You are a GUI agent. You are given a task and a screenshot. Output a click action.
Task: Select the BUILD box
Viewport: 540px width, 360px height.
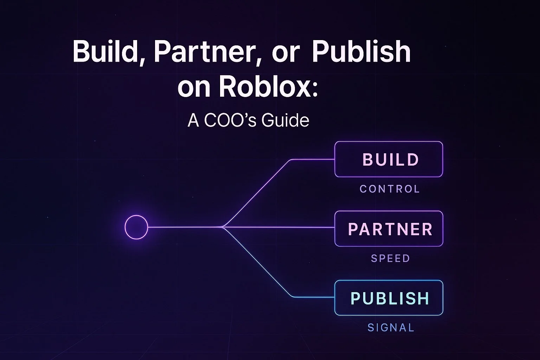pyautogui.click(x=388, y=159)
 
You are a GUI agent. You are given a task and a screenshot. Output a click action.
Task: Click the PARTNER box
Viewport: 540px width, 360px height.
pyautogui.click(x=388, y=229)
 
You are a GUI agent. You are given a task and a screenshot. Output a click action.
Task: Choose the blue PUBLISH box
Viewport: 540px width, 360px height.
pyautogui.click(x=388, y=298)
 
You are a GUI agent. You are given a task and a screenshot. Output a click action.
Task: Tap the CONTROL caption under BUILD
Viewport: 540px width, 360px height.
pyautogui.click(x=390, y=189)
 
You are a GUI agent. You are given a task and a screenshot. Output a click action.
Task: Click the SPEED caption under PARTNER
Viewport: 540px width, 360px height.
pyautogui.click(x=390, y=258)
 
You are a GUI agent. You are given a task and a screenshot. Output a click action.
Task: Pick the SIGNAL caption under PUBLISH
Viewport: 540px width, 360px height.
pyautogui.click(x=391, y=328)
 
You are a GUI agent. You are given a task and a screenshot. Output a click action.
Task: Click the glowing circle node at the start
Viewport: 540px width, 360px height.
pyautogui.click(x=136, y=227)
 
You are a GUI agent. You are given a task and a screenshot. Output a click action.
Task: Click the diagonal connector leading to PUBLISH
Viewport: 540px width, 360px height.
pyautogui.click(x=257, y=262)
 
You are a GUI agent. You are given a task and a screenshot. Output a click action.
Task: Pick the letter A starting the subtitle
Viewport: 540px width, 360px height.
pyautogui.click(x=193, y=120)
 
